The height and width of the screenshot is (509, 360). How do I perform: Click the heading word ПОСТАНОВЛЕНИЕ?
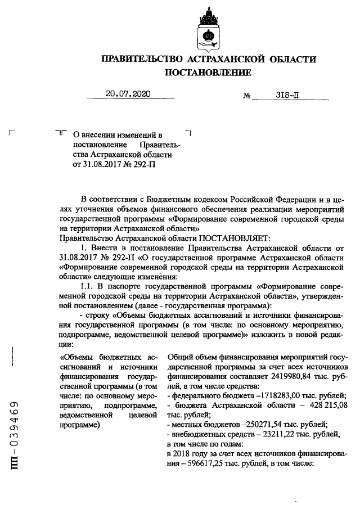pyautogui.click(x=208, y=73)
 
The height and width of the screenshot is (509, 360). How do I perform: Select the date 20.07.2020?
pyautogui.click(x=129, y=95)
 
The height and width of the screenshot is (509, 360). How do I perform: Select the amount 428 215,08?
pyautogui.click(x=323, y=405)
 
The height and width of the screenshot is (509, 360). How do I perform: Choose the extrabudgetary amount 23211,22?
pyautogui.click(x=276, y=433)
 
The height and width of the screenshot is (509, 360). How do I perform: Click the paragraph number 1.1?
pyautogui.click(x=89, y=286)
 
